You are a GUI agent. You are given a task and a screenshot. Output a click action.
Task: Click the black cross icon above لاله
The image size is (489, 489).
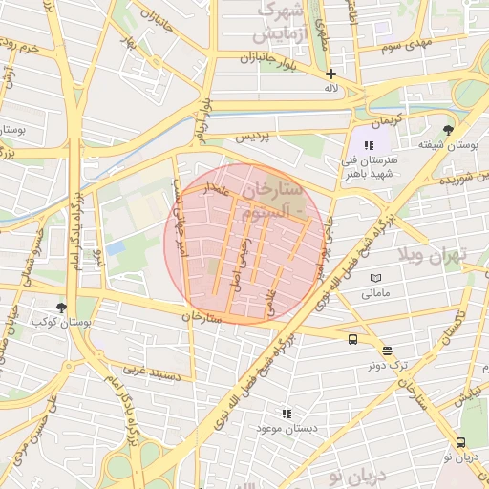click(330, 74)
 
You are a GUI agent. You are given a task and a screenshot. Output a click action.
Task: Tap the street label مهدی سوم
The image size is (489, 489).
click(406, 45)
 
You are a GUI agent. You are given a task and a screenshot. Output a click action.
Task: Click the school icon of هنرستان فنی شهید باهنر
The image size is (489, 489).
click(369, 145)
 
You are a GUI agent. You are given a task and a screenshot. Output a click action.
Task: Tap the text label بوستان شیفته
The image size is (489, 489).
click(446, 145)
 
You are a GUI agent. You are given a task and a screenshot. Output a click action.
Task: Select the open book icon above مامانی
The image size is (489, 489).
click(375, 278)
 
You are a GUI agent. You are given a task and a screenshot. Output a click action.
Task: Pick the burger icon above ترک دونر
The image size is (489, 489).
click(386, 351)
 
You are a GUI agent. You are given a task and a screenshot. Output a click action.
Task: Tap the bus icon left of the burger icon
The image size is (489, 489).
click(353, 339)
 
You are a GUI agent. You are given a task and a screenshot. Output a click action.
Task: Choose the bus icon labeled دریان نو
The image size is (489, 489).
click(461, 442)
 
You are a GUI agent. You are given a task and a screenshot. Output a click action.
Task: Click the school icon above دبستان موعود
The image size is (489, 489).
click(286, 414)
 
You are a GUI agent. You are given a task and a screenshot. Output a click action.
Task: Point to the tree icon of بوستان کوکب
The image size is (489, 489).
click(62, 308)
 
